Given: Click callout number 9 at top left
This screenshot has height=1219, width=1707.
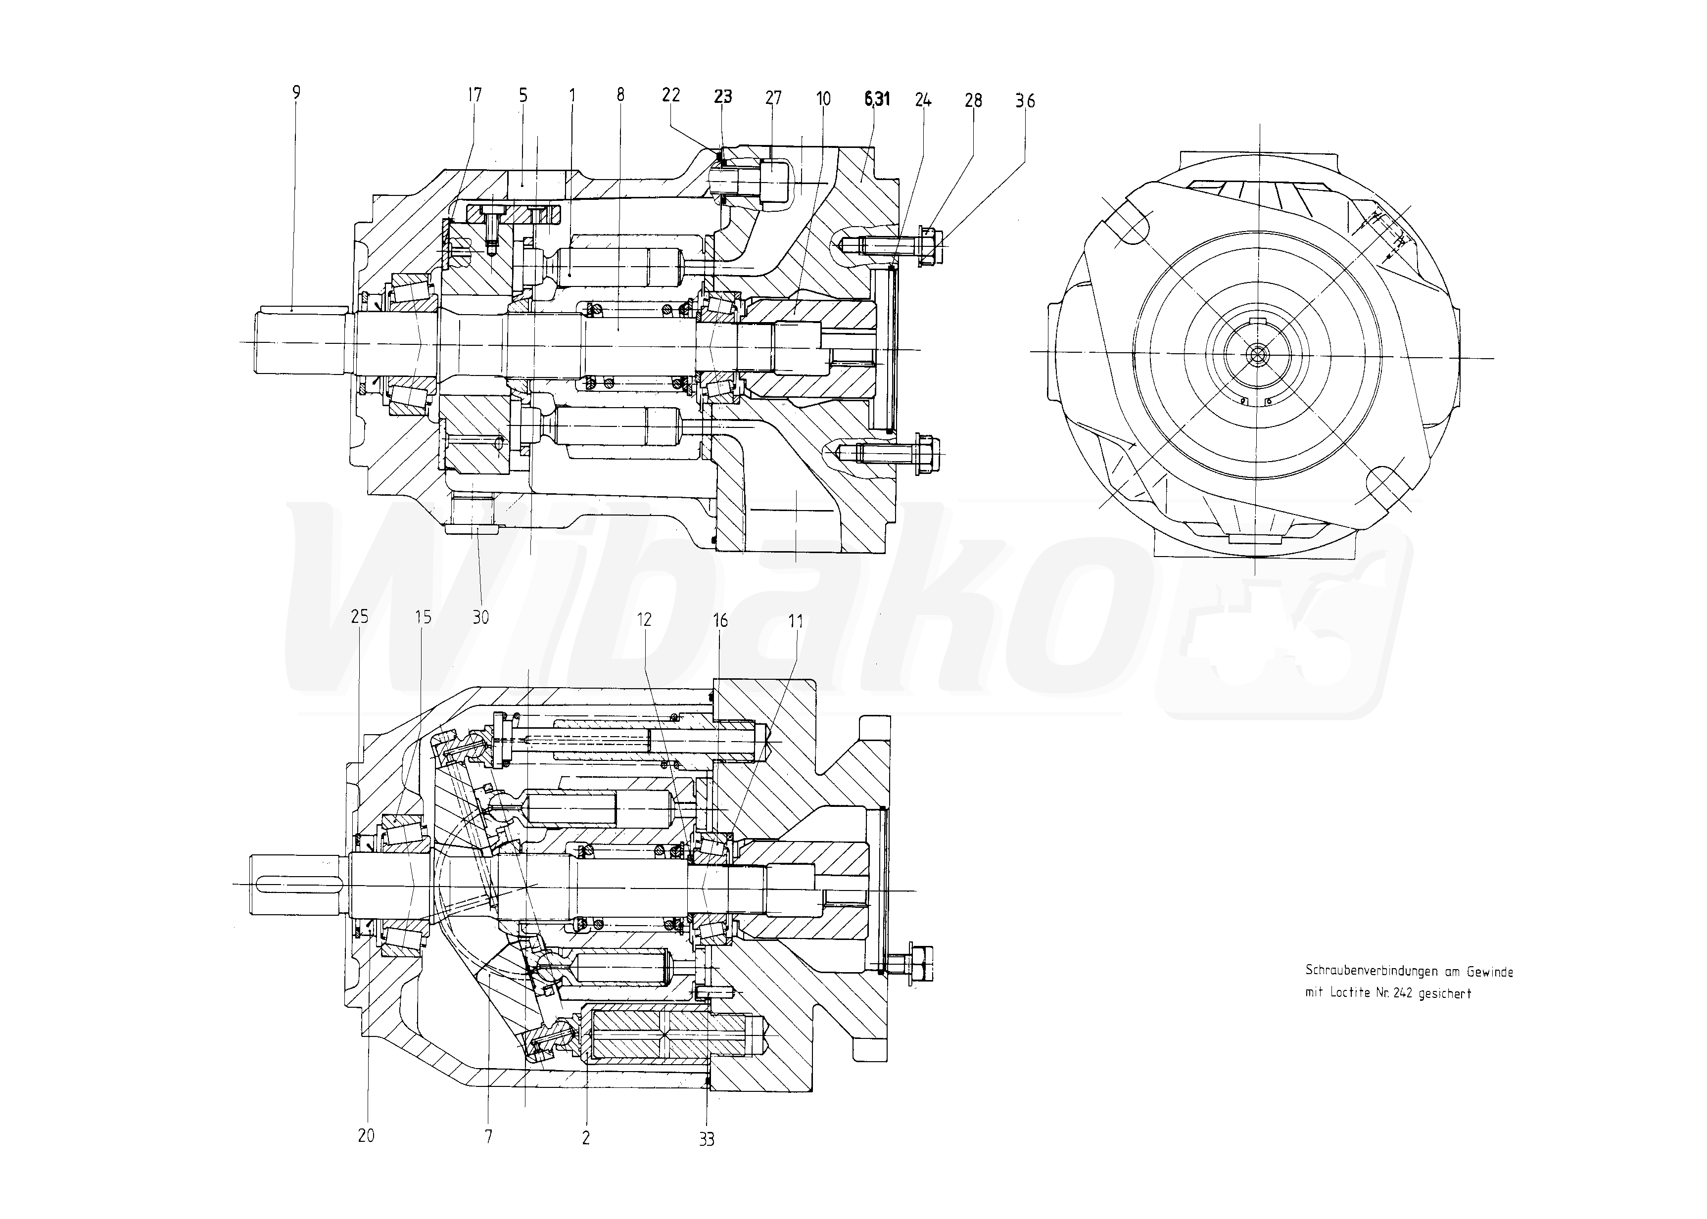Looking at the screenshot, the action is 296,93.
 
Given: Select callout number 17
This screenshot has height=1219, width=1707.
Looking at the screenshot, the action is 474,94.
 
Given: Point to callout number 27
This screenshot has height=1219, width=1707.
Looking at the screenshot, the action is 773,97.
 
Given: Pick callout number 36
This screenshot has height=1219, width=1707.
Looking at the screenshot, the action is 1025,100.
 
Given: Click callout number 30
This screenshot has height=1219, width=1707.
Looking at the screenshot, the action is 480,617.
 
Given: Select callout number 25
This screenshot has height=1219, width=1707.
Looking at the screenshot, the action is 360,616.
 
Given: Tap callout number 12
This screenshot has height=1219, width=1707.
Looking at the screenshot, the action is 644,619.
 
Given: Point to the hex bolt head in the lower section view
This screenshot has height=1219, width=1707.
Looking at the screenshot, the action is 920,965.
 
